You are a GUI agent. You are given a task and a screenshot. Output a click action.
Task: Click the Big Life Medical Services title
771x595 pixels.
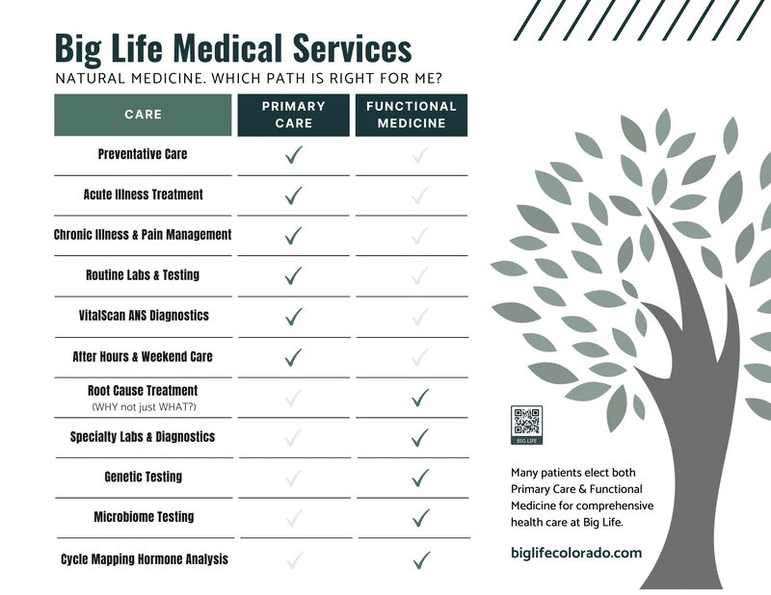[233, 49]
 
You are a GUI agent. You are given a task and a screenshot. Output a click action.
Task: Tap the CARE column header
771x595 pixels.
[143, 115]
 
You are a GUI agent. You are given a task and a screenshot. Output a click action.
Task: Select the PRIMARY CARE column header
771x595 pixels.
[294, 115]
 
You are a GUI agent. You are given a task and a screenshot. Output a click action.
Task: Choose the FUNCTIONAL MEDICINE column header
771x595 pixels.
[412, 115]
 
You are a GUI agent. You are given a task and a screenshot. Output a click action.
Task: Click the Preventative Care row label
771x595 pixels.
[143, 154]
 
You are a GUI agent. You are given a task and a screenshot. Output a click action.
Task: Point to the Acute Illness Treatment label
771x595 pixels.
[143, 194]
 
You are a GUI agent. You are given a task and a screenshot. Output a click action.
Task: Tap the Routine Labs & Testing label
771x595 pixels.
[143, 274]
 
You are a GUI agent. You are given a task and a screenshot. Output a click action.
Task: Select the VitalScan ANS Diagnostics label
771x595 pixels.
[144, 316]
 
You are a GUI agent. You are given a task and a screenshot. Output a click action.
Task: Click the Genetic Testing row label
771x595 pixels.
[143, 477]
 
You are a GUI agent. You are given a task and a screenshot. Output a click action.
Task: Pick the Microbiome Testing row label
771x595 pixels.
[144, 517]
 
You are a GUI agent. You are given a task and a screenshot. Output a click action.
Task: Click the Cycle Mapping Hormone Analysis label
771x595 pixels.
[145, 559]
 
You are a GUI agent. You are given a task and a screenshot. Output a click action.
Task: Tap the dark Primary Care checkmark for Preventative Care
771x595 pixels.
[294, 155]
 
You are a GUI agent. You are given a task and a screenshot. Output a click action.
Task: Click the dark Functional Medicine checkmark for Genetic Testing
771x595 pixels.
[420, 479]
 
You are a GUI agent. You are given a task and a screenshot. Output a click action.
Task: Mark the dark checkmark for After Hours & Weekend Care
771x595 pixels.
[294, 357]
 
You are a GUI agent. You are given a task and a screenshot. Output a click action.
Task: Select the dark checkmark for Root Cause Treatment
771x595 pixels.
[420, 398]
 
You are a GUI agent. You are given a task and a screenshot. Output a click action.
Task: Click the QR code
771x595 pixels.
[526, 425]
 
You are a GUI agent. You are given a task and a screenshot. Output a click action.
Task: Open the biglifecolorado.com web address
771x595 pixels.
[576, 553]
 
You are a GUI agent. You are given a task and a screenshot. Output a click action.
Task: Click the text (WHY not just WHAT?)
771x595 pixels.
[144, 407]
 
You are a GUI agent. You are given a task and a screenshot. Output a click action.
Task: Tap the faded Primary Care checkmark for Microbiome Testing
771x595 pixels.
[294, 518]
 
